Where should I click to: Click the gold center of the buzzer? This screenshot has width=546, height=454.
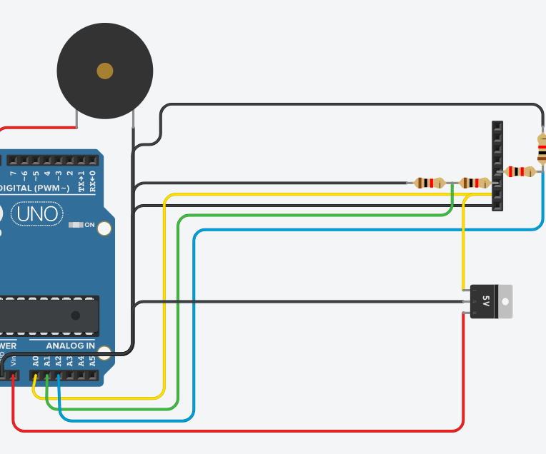[x=105, y=71]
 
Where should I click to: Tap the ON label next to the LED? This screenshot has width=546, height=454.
[x=89, y=226]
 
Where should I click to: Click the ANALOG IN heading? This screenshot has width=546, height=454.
[x=70, y=346]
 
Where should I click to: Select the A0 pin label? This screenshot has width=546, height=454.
[x=36, y=360]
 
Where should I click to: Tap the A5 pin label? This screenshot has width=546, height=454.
[x=92, y=360]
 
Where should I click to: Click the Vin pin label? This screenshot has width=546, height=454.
[x=13, y=360]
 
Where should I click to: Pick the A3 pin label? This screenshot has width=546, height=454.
[x=69, y=360]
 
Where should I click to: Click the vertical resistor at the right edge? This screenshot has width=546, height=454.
[x=542, y=151]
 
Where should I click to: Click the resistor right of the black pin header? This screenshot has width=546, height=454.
[x=520, y=171]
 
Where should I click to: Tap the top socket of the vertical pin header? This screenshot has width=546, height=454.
[x=497, y=127]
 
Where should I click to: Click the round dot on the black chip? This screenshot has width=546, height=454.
[x=75, y=315]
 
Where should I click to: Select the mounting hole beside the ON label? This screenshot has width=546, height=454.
[x=104, y=228]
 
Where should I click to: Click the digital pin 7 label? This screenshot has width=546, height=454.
[x=13, y=173]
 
